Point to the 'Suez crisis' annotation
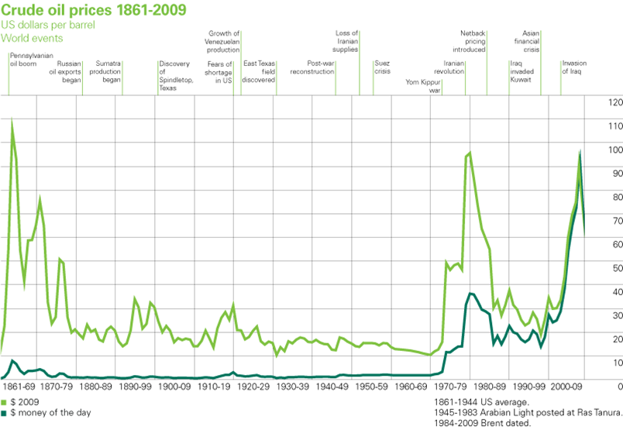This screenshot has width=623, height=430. pos(382,67)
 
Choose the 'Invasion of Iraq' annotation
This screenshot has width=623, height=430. pos(574,67)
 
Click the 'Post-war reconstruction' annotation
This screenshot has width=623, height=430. pos(313,67)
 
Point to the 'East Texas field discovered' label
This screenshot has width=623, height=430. pos(258,71)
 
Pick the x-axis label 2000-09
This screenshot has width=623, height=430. pos(567,385)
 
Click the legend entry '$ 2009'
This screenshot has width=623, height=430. pos(21,402)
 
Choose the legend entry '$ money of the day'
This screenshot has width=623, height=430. pos(46,413)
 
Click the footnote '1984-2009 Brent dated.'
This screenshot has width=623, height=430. pos(484,423)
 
